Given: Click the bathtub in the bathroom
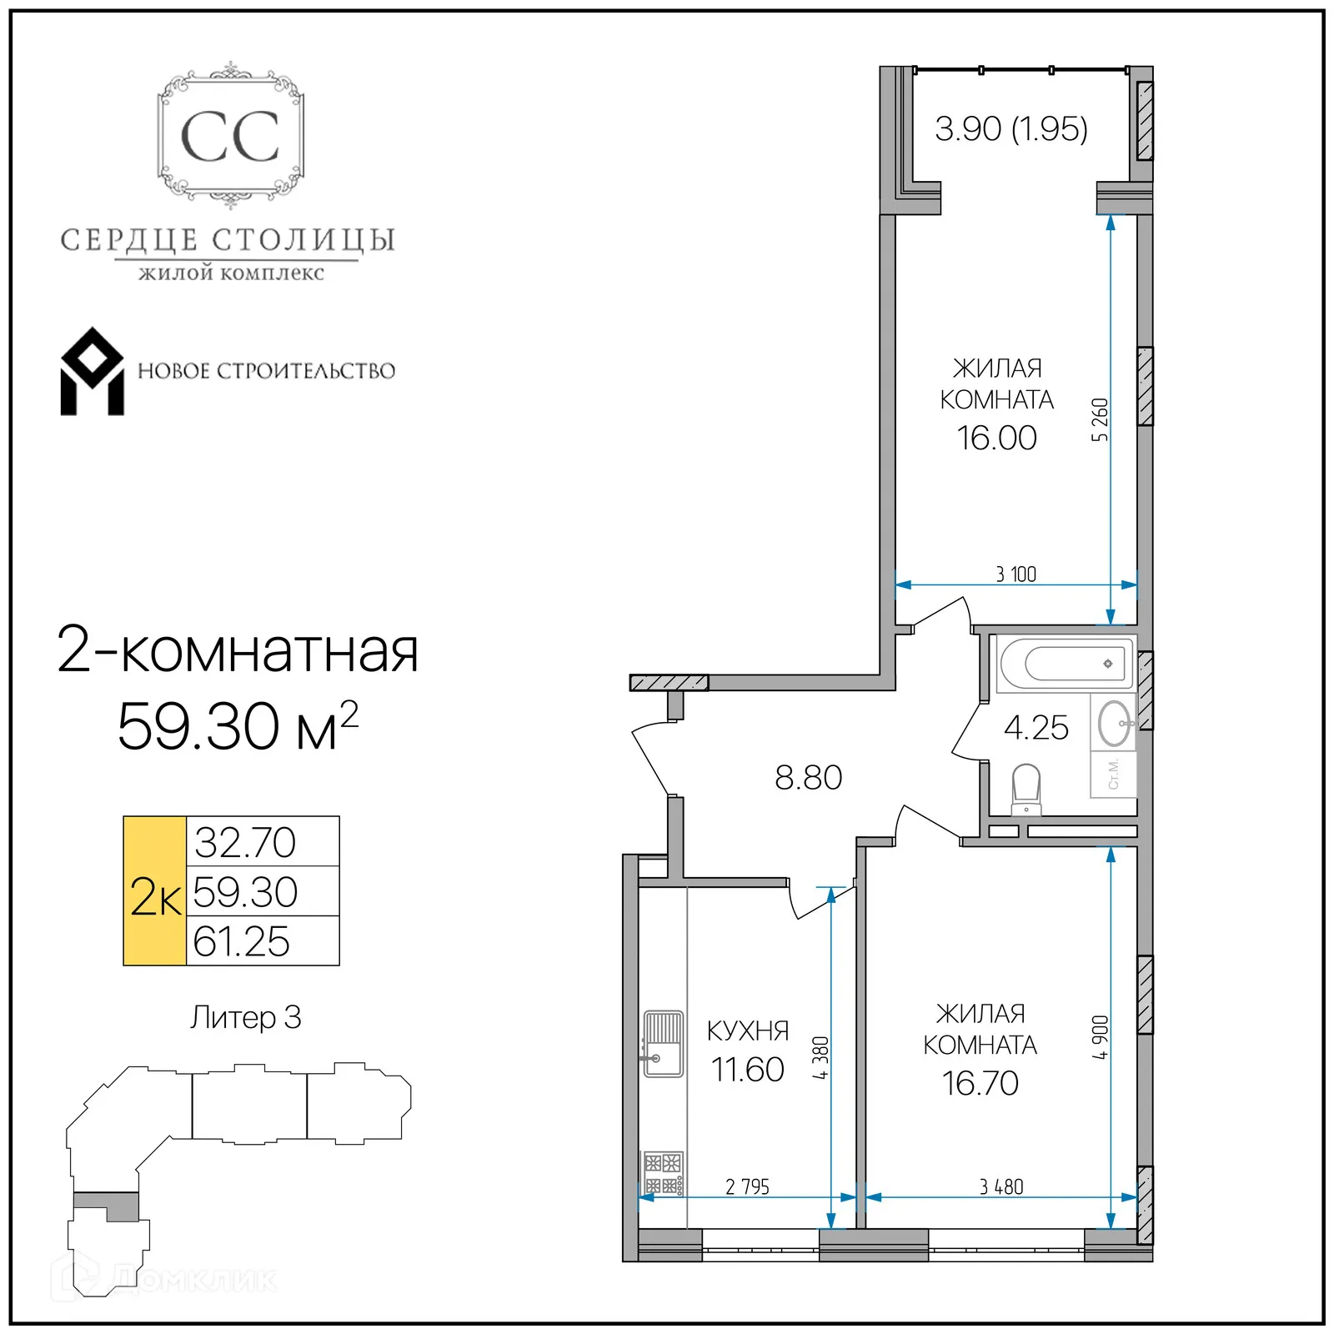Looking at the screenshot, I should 1066,664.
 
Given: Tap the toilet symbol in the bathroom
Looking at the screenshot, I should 1026,789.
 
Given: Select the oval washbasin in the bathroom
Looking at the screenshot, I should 1114,723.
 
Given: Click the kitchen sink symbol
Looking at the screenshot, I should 663,1043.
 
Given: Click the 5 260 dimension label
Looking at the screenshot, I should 1100,419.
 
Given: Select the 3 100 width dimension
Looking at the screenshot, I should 1016,574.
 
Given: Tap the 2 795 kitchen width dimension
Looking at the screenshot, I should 747,1186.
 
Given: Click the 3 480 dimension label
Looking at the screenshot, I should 1000,1186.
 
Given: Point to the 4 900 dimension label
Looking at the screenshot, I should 1100,1037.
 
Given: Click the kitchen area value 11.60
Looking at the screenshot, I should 747,1070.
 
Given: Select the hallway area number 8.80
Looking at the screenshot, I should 808,778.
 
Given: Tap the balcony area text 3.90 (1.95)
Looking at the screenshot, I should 1011,128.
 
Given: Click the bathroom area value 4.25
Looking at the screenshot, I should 1036,728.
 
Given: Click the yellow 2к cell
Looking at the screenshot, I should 155,891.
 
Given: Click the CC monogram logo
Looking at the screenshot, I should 230,136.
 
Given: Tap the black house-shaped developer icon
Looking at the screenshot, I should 92,372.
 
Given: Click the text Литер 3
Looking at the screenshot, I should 245,1017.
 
